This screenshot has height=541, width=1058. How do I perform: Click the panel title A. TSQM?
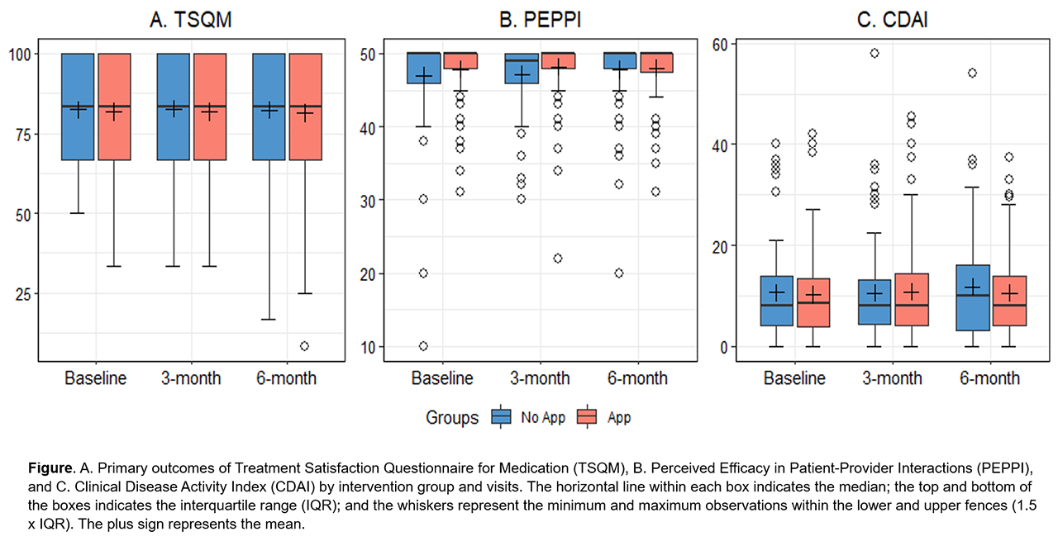(x=190, y=21)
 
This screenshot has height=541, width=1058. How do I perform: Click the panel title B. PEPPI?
(x=541, y=21)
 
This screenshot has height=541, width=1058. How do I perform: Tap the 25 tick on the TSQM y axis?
(x=23, y=295)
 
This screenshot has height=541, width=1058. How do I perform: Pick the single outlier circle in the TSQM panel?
(x=305, y=346)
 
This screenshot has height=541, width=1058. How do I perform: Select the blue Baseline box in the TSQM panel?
(x=79, y=107)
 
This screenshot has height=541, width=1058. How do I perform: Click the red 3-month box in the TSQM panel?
(x=210, y=107)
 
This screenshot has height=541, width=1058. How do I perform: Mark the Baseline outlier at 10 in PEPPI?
(x=423, y=346)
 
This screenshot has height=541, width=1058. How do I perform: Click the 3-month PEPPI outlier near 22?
(x=558, y=259)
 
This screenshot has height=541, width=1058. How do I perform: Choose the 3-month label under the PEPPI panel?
(x=539, y=379)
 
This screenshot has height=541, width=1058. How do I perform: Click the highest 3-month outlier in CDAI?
(x=875, y=54)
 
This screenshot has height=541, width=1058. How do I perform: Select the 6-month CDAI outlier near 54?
(x=972, y=74)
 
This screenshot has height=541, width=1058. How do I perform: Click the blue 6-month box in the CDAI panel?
(x=973, y=297)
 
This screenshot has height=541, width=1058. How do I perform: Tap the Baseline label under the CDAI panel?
(x=794, y=379)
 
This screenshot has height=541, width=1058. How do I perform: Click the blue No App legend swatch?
(x=500, y=418)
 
